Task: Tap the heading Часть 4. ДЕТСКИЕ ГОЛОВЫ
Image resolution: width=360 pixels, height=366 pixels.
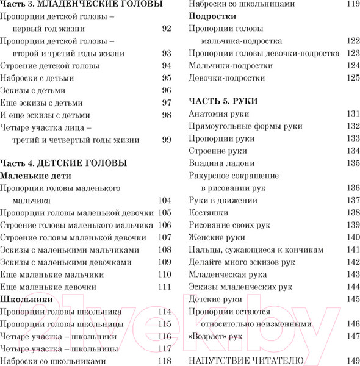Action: click(x=63, y=163)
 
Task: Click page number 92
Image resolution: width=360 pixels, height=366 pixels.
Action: click(x=167, y=29)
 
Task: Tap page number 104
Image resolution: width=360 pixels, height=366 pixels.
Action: click(x=165, y=200)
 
